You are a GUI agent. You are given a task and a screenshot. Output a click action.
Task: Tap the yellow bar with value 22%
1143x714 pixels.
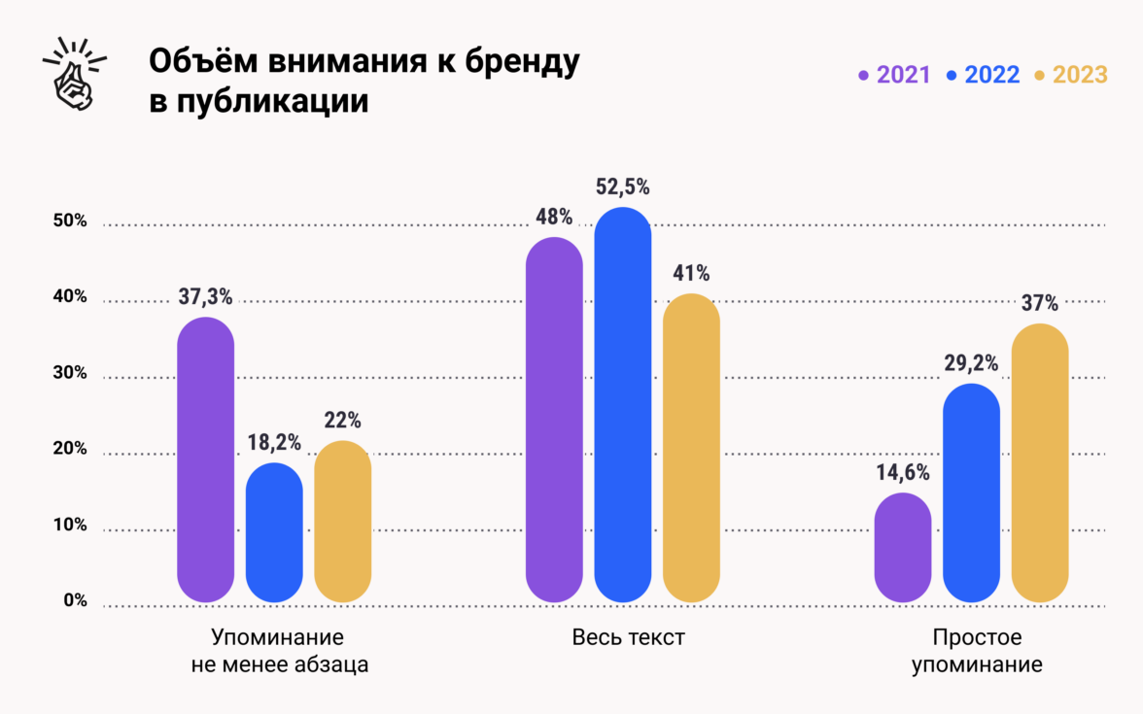(x=343, y=522)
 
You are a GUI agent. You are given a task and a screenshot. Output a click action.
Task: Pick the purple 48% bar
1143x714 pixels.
(x=554, y=420)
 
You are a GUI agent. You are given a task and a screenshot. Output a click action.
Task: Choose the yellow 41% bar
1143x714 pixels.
(x=691, y=448)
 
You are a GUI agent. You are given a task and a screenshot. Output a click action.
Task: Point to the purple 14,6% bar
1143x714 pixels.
(x=903, y=548)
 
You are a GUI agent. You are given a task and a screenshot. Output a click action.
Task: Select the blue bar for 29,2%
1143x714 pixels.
(x=971, y=493)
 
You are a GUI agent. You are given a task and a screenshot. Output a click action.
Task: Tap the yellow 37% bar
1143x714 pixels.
(x=1040, y=463)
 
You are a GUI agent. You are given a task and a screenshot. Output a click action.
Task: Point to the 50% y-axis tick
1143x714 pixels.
(x=70, y=221)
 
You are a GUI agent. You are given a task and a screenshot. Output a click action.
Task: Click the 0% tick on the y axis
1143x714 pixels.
(x=76, y=601)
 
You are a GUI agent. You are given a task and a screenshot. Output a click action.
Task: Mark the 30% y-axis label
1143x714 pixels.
(x=70, y=374)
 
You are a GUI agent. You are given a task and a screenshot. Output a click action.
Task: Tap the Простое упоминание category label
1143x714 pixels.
(x=977, y=652)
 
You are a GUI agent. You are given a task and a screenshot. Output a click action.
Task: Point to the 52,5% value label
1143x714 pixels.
(x=622, y=187)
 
